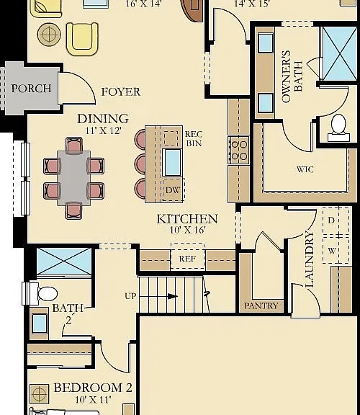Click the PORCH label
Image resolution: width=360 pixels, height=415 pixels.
(31, 89)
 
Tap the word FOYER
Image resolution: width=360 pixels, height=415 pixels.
(121, 92)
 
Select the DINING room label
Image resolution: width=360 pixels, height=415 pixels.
(103, 119)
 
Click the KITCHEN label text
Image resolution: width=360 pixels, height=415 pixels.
(187, 219)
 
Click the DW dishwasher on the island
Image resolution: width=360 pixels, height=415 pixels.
(173, 189)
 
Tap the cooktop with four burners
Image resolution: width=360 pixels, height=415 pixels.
(239, 150)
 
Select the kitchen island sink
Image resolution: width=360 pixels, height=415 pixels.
(172, 162)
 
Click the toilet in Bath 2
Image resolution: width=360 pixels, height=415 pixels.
(40, 293)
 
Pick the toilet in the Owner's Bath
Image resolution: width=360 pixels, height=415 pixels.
(339, 128)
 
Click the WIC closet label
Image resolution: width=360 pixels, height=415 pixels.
(305, 169)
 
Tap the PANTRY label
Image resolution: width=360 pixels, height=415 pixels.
(261, 306)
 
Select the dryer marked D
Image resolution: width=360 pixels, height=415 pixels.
(336, 220)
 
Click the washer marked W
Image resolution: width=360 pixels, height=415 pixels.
(336, 250)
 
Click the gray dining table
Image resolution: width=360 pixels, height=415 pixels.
(73, 177)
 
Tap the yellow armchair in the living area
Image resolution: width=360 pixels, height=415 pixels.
(82, 39)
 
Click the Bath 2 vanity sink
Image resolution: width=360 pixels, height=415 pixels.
(40, 323)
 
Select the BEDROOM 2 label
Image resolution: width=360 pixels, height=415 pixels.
(93, 388)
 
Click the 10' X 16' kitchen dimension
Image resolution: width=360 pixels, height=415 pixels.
(187, 230)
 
